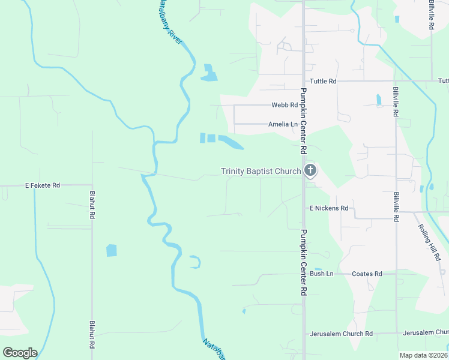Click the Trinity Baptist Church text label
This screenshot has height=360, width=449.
click(261, 172)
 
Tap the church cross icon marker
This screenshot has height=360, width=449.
click(310, 172)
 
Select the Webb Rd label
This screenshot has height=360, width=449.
click(285, 105)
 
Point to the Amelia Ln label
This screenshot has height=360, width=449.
click(283, 124)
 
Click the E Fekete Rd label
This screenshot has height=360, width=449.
click(42, 185)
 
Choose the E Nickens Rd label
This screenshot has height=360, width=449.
click(329, 208)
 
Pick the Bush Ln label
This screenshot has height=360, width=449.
click(321, 274)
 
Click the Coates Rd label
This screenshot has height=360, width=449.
click(367, 274)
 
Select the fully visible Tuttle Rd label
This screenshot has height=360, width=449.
click(323, 81)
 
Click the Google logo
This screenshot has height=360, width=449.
click(20, 353)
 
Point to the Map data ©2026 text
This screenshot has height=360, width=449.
click(424, 355)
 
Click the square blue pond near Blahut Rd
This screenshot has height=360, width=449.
click(112, 250)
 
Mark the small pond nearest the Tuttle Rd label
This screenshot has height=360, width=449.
click(378, 100)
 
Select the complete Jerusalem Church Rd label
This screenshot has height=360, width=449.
click(341, 334)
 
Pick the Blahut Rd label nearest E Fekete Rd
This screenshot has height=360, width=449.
click(92, 205)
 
